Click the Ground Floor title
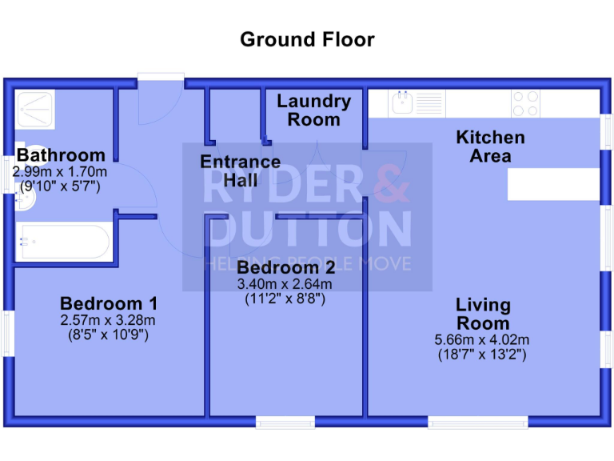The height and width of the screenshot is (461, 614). click(x=307, y=39)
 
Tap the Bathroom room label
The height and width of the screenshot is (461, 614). click(x=61, y=155)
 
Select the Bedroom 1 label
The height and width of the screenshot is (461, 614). click(x=108, y=304)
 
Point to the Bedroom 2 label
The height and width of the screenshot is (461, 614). click(x=285, y=267)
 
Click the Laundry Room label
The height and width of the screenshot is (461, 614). click(x=313, y=110)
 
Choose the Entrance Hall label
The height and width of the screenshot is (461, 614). click(x=240, y=171)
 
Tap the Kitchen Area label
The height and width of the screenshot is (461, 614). click(x=490, y=146)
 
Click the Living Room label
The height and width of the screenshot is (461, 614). click(x=483, y=315)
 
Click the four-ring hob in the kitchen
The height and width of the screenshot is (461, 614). click(x=525, y=103)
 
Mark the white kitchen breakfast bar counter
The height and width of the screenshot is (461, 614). click(x=552, y=184)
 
